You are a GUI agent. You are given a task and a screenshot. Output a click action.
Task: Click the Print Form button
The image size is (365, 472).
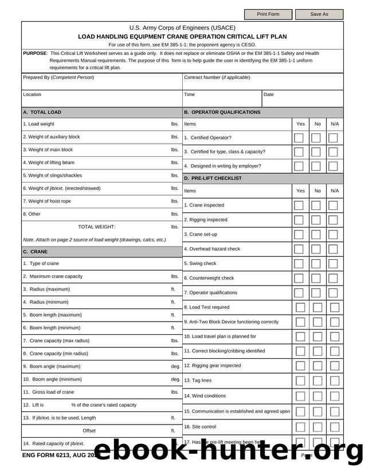268,14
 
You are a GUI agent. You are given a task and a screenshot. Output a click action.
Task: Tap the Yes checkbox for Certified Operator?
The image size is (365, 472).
299,138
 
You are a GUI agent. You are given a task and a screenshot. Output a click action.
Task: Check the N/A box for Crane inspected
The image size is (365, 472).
333,205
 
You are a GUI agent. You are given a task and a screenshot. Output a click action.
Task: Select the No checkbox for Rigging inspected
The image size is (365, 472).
316,220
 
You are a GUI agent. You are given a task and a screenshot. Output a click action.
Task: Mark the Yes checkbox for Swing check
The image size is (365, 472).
299,264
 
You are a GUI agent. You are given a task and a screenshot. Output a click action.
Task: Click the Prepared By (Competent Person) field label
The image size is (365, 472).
58,77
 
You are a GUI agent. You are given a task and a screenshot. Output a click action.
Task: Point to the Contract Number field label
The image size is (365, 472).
217,77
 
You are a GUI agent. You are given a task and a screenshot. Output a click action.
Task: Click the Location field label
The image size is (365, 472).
32,94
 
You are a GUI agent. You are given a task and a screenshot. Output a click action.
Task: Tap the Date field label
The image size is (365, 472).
269,94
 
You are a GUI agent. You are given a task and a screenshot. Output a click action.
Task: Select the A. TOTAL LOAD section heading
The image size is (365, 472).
42,112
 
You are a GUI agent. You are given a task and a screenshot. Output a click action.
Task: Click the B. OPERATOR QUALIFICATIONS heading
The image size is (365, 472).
222,112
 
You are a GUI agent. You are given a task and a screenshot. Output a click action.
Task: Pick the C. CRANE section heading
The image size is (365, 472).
36,251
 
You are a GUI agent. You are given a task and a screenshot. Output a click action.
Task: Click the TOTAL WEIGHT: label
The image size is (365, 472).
96,227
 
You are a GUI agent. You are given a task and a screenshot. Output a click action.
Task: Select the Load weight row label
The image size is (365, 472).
39,124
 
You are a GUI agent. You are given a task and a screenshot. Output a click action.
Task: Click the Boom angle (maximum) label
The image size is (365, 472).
52,366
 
